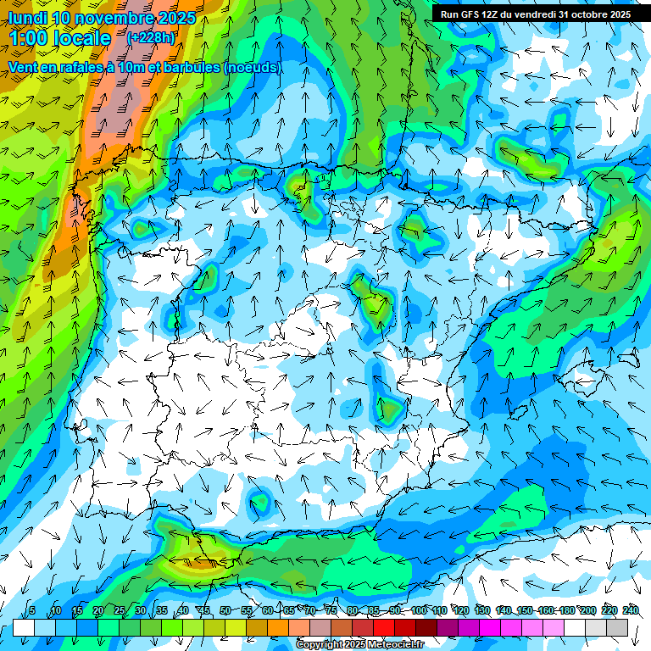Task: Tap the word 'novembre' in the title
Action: (x=114, y=18)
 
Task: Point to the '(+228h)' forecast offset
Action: (x=151, y=37)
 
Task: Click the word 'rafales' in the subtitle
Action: (x=84, y=67)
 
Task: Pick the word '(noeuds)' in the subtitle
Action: (x=252, y=67)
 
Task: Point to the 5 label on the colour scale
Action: (x=31, y=610)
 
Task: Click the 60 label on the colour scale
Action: (x=267, y=610)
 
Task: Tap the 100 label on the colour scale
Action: (x=418, y=610)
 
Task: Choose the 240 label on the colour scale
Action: (x=630, y=610)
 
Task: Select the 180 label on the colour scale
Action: (x=566, y=610)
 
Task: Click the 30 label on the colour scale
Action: (x=140, y=610)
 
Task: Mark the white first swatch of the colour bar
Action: (x=24, y=627)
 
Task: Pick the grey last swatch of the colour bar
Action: (x=617, y=627)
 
